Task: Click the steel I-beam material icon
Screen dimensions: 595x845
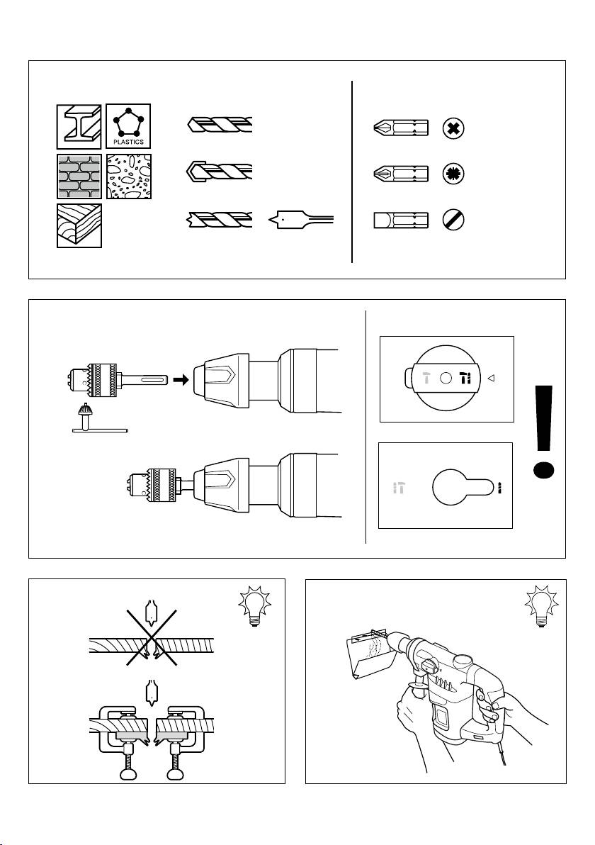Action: (x=79, y=127)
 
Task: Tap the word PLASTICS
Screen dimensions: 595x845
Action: (x=129, y=142)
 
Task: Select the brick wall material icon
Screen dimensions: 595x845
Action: (x=79, y=177)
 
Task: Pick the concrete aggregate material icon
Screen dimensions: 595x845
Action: (x=129, y=177)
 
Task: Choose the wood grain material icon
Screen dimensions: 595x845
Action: (x=79, y=226)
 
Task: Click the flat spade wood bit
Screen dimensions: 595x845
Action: (x=302, y=220)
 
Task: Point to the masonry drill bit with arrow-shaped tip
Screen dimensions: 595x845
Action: (x=219, y=172)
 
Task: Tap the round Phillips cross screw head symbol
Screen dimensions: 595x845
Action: (x=453, y=128)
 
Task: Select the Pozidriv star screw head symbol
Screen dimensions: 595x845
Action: (x=453, y=174)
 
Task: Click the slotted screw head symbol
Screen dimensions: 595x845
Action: (x=453, y=220)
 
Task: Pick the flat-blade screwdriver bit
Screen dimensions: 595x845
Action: (x=401, y=220)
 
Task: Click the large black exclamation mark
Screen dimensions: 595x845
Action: (x=544, y=432)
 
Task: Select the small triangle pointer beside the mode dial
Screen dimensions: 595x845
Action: (x=491, y=379)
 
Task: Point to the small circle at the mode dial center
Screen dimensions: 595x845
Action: (x=446, y=379)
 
